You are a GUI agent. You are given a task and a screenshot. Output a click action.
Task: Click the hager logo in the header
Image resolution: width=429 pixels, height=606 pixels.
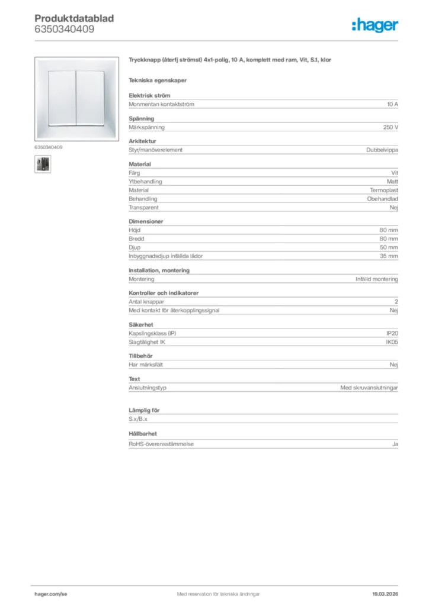(x=374, y=24)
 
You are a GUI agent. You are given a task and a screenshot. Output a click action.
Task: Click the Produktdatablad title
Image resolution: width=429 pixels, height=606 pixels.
(x=74, y=18)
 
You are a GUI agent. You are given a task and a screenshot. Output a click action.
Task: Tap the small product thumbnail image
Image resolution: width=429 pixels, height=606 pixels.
(x=43, y=164)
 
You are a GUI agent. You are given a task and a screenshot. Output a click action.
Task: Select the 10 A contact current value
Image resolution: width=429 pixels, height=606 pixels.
(x=392, y=104)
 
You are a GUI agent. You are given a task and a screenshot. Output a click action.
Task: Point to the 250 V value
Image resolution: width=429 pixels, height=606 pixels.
(x=390, y=127)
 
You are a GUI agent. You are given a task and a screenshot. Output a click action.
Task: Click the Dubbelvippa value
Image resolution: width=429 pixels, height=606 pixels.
(x=382, y=150)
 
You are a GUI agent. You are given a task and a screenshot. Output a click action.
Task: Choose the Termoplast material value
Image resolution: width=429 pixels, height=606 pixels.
(x=384, y=191)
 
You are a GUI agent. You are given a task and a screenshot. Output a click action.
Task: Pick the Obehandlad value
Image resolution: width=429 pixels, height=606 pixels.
(x=382, y=199)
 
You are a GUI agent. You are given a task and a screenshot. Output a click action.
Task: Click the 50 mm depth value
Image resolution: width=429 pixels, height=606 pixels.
(x=389, y=247)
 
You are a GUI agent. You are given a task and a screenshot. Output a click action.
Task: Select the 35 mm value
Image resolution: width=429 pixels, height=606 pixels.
(x=389, y=256)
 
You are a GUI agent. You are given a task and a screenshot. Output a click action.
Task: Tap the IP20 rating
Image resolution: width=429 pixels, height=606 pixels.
(x=392, y=334)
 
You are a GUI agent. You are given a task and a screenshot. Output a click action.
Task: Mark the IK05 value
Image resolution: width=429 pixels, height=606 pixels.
(x=392, y=343)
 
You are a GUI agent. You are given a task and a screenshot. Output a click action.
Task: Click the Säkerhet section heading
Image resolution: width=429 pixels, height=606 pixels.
(x=141, y=325)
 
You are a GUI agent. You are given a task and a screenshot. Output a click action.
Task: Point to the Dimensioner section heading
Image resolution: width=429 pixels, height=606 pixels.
(x=146, y=221)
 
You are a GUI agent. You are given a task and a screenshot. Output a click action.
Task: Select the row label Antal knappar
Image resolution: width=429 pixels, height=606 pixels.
(x=146, y=302)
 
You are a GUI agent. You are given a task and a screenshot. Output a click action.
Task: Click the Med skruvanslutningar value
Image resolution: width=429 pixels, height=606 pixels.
(x=369, y=388)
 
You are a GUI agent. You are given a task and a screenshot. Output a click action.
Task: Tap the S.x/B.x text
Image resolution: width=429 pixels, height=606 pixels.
(x=138, y=419)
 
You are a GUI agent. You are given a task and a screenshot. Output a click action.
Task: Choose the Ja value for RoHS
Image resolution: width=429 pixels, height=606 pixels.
(x=395, y=444)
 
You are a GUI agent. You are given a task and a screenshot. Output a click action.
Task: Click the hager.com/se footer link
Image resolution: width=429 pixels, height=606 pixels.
(x=51, y=594)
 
